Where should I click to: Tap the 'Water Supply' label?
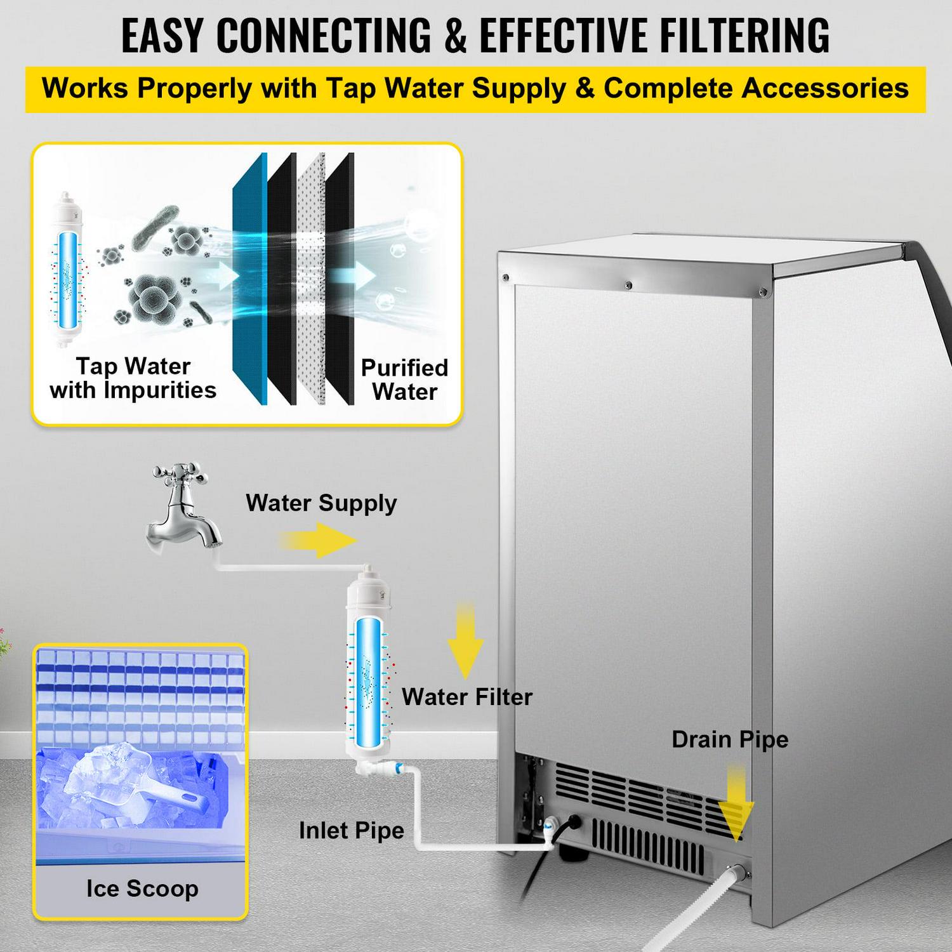point(321,503)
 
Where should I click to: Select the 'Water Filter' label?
point(467,697)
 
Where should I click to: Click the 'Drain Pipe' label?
point(730,739)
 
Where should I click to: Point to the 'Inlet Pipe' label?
point(352,830)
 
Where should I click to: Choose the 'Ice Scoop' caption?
point(142,889)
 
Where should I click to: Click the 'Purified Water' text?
point(404,380)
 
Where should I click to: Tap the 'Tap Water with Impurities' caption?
point(133,378)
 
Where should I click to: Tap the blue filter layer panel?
point(250,279)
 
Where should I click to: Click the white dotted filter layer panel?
point(311,279)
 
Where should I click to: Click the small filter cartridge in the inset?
point(67,270)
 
